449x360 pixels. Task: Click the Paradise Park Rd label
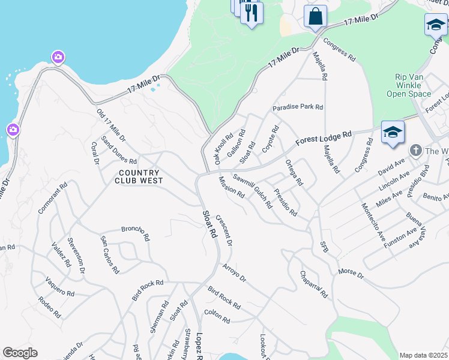(298, 107)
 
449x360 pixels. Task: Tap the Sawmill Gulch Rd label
(253, 190)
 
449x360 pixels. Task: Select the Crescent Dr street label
(224, 230)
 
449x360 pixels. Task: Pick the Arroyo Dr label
(234, 272)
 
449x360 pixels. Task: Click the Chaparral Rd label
(314, 284)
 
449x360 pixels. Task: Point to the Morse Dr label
(351, 274)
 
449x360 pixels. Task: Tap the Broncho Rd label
(135, 233)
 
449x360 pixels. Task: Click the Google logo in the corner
(20, 352)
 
